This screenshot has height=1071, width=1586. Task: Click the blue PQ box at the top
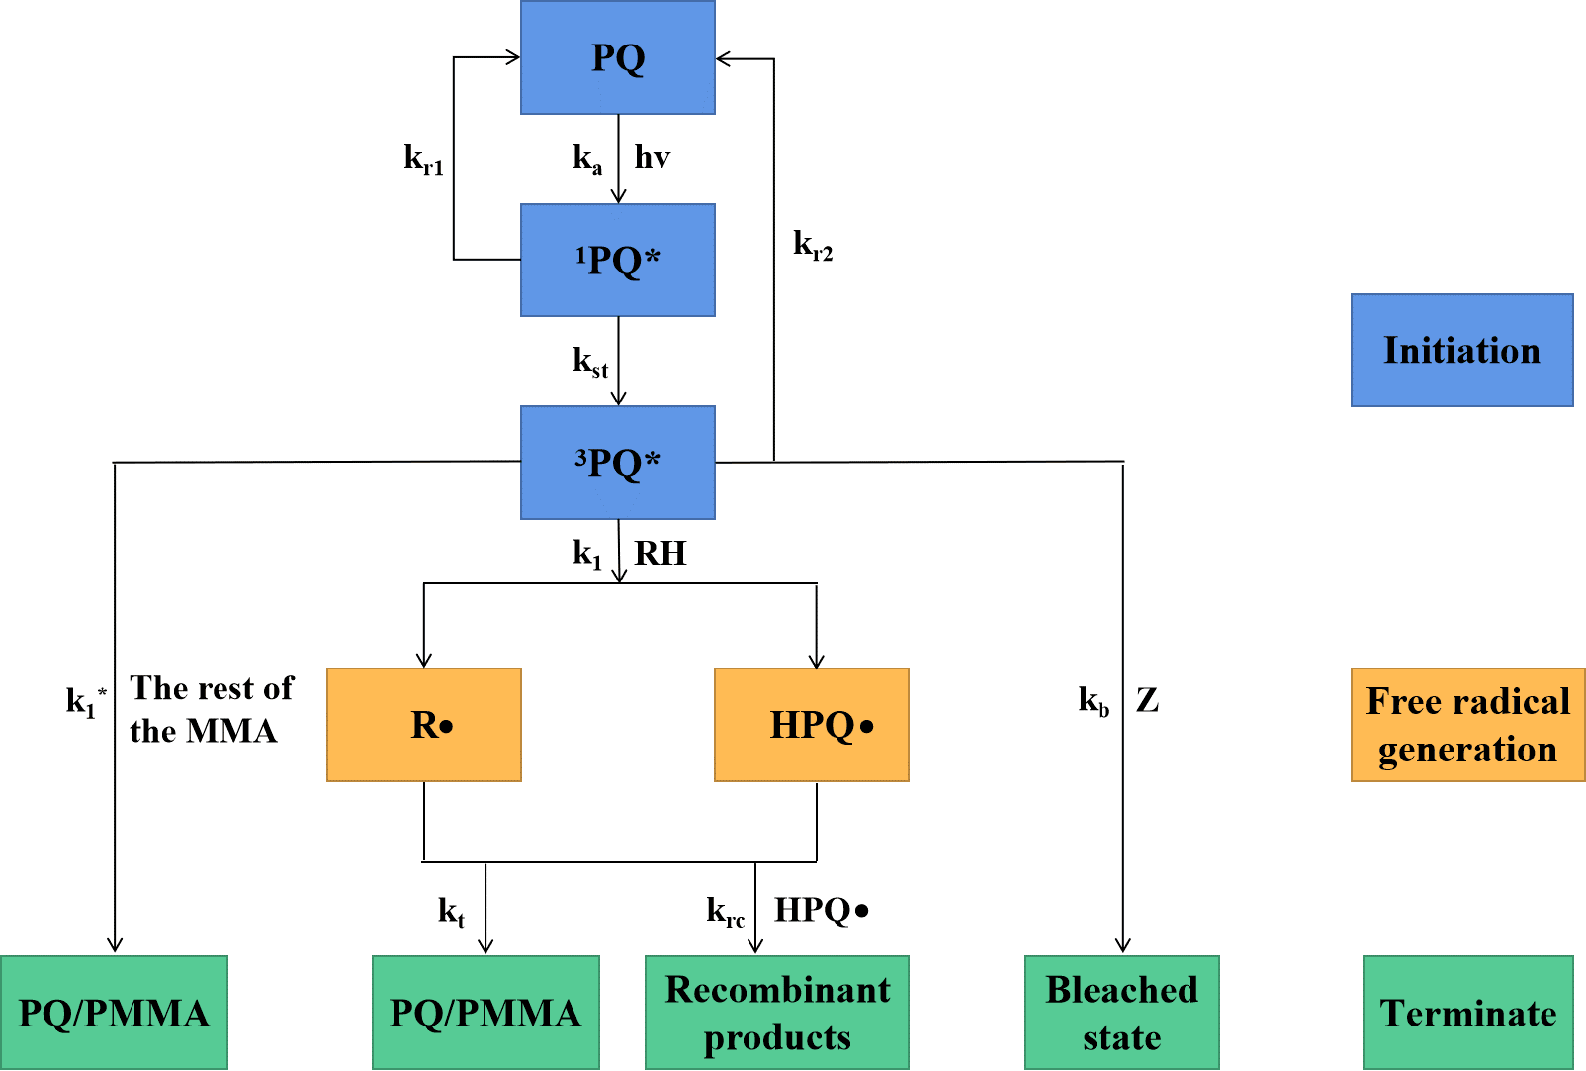tap(617, 57)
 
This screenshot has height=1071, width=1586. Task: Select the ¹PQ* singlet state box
tap(617, 260)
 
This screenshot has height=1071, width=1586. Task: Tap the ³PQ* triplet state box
tap(617, 463)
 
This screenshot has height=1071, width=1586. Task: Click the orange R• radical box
tap(424, 725)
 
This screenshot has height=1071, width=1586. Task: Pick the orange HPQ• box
tap(812, 725)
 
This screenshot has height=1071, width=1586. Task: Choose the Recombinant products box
tap(777, 1013)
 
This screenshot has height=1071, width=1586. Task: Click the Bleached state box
tap(1122, 1013)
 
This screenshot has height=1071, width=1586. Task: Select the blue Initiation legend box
tap(1462, 350)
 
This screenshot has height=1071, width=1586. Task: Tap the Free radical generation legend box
tap(1467, 725)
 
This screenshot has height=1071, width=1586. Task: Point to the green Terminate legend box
tap(1468, 1013)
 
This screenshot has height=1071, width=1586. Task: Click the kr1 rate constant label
tap(423, 160)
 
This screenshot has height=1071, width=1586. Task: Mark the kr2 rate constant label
tap(813, 246)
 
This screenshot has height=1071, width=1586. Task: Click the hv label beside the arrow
tap(653, 157)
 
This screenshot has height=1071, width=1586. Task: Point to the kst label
tap(590, 362)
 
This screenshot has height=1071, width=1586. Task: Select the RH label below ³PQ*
tap(660, 553)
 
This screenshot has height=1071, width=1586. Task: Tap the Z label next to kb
tap(1148, 700)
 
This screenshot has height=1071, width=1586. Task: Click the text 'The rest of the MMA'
tap(211, 710)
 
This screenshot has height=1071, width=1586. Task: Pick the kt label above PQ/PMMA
tap(451, 913)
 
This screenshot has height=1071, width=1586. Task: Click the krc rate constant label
tap(726, 912)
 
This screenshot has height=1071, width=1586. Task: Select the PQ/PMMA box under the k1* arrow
tap(114, 1013)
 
